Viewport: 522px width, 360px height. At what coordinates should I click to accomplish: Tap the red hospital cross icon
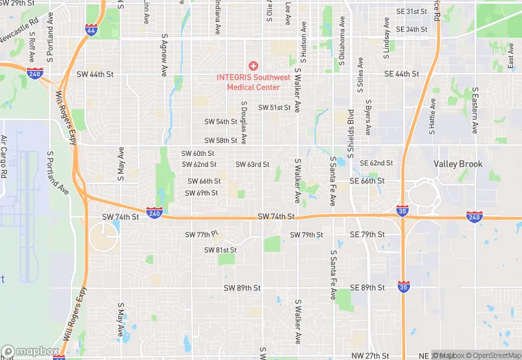click(x=253, y=65)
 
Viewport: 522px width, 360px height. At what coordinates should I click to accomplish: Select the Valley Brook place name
click(x=458, y=164)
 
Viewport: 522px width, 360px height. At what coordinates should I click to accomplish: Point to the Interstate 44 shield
click(x=91, y=30)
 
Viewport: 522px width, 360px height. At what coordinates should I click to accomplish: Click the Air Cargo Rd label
click(x=3, y=157)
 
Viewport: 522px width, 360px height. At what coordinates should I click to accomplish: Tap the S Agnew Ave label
click(x=164, y=54)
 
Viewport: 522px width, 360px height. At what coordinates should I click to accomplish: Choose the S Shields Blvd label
click(x=350, y=127)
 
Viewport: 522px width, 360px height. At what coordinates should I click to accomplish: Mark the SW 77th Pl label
click(x=201, y=234)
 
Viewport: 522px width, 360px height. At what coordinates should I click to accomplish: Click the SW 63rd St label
click(x=252, y=164)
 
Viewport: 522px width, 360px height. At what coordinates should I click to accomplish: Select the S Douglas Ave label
click(x=244, y=122)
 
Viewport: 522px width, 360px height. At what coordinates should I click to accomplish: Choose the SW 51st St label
click(x=275, y=108)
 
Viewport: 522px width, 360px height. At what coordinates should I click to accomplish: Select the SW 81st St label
click(x=220, y=249)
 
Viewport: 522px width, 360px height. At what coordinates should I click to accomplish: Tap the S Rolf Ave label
click(x=32, y=49)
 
